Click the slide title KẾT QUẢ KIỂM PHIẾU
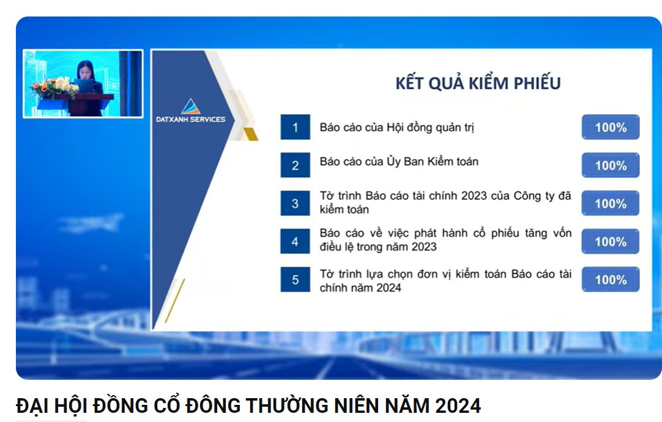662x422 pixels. [x=478, y=83]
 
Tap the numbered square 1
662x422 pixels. [x=295, y=127]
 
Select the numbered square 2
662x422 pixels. [x=295, y=165]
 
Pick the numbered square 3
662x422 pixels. [x=295, y=204]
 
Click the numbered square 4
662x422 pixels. [x=295, y=242]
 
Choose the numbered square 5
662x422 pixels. [x=295, y=279]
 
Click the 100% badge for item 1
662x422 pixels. [x=611, y=127]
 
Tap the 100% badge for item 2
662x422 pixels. [x=611, y=165]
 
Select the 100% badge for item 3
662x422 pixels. [x=611, y=204]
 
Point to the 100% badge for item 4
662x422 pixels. [x=611, y=242]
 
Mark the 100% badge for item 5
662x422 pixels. [x=611, y=279]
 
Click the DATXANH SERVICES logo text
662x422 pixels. [x=190, y=119]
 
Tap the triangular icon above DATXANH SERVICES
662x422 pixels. [x=191, y=106]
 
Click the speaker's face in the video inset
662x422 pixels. [x=85, y=70]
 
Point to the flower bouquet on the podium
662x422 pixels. [x=54, y=87]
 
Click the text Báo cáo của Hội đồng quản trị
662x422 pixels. [x=397, y=127]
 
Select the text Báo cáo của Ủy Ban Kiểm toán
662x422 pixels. [x=399, y=161]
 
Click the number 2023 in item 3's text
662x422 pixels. [x=474, y=196]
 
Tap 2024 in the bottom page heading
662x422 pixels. [x=458, y=405]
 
